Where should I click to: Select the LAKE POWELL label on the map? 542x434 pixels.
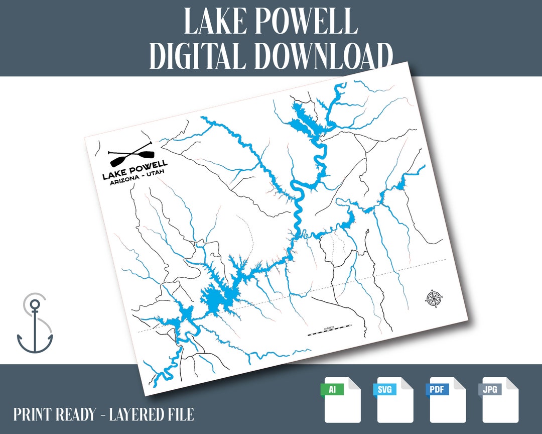[x=135, y=169]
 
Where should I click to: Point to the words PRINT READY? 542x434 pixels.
[x=54, y=415]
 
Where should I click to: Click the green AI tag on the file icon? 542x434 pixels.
[x=332, y=389]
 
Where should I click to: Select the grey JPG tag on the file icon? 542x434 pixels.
[x=490, y=389]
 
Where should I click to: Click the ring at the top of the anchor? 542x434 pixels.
[x=35, y=304]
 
